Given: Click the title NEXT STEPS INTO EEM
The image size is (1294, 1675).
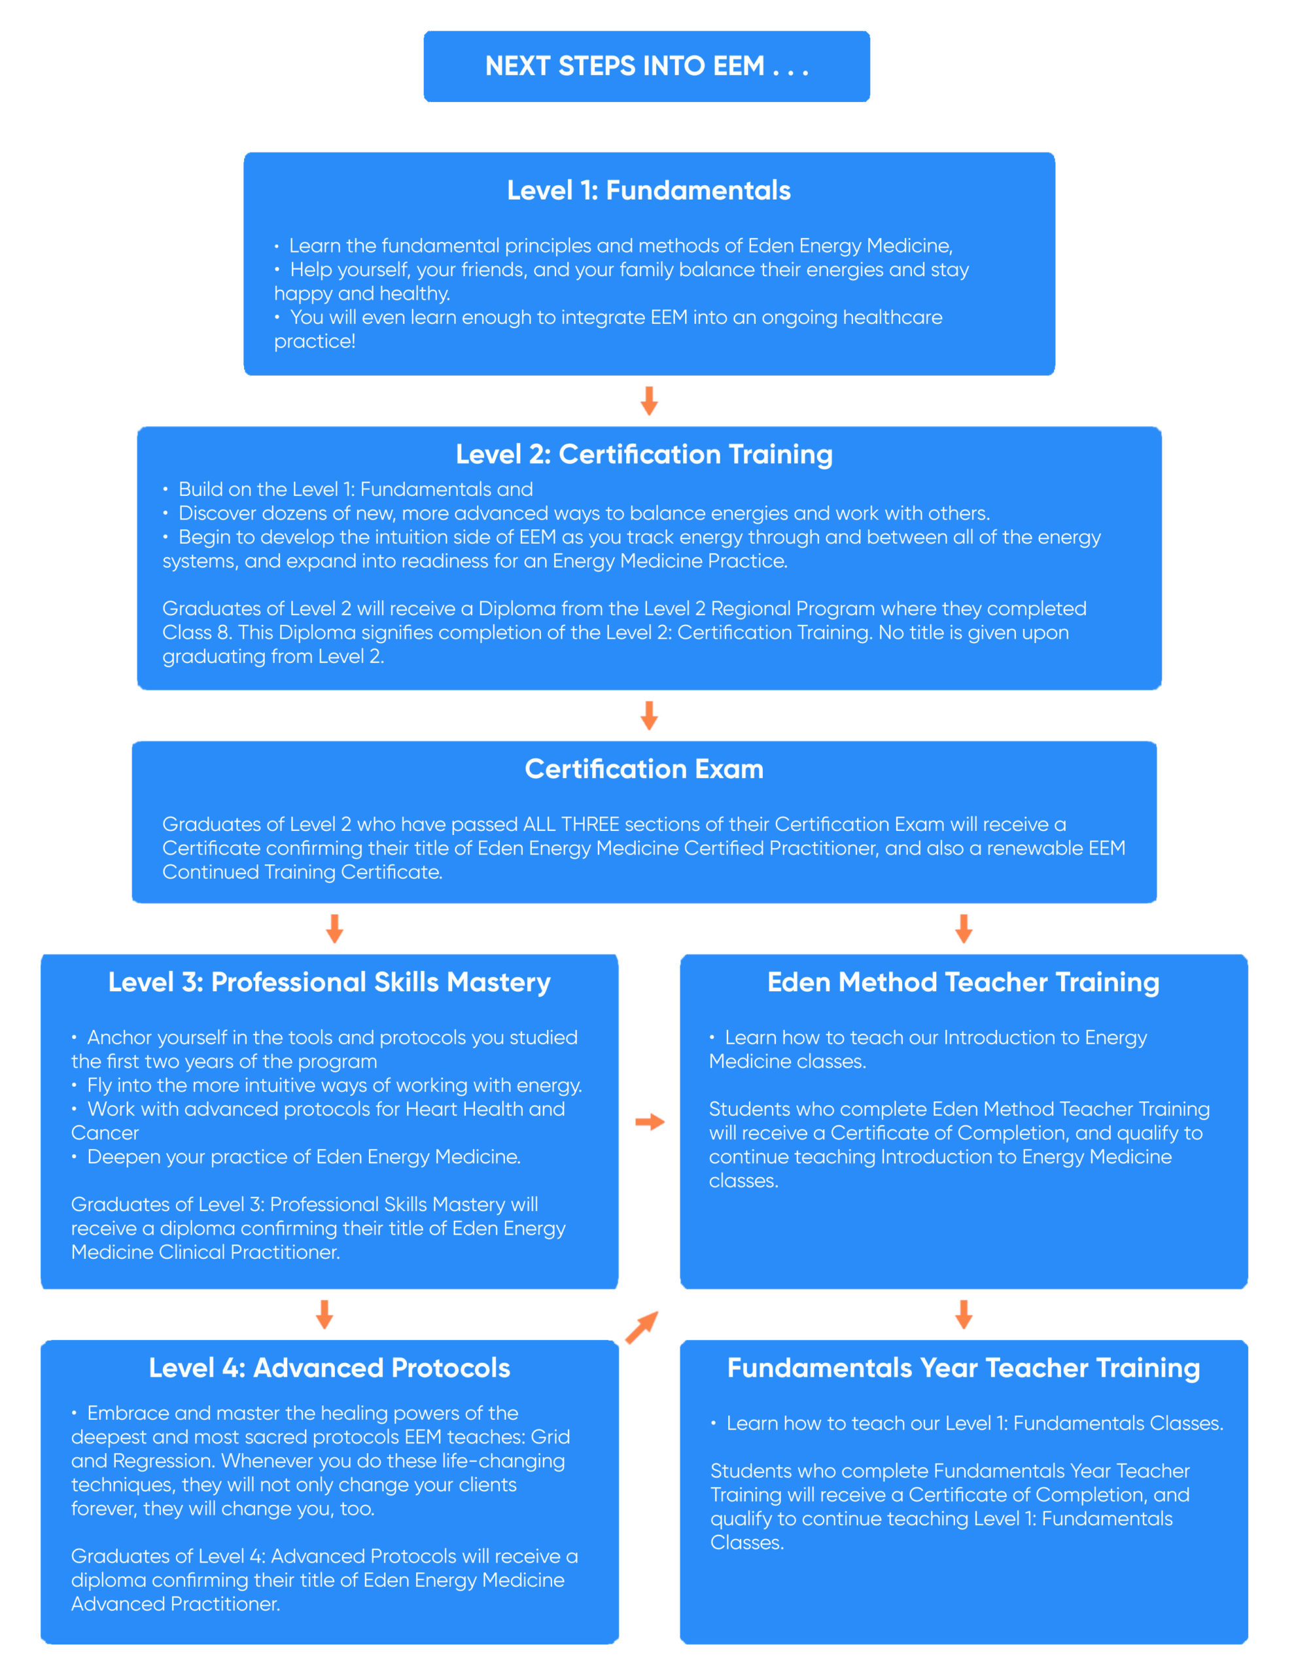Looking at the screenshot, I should [646, 66].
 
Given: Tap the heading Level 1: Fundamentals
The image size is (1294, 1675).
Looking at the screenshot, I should [648, 190].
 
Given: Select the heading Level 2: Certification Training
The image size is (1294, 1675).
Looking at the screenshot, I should [644, 454].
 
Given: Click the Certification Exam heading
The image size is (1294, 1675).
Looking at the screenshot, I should [644, 769].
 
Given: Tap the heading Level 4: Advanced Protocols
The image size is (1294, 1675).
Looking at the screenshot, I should [329, 1367].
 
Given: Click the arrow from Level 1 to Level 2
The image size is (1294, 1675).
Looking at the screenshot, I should [649, 400].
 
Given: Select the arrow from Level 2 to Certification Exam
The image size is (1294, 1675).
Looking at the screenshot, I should [649, 714].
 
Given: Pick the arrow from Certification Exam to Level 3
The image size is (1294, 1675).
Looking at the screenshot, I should [334, 928].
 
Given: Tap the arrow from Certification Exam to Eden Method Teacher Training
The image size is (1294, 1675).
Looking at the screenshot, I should [964, 928].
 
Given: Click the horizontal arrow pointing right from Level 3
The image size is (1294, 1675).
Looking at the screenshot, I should [650, 1122].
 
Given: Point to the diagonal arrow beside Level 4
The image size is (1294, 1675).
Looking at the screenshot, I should [642, 1328].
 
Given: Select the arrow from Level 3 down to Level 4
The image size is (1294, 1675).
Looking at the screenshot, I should [324, 1314].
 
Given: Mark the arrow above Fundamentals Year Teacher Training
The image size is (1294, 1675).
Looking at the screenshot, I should [964, 1314].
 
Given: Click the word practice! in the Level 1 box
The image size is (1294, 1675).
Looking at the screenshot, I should [315, 342].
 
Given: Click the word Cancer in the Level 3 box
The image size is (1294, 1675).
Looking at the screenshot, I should [105, 1133].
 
